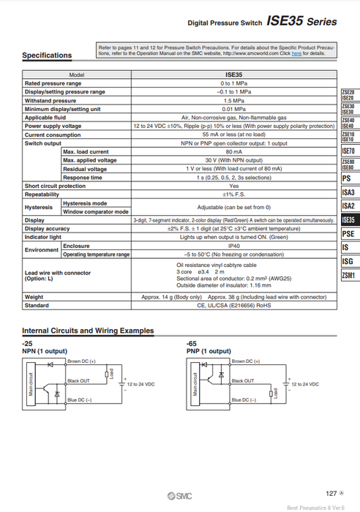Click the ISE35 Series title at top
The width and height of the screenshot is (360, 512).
tap(301, 22)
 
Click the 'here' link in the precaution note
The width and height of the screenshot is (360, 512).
tap(296, 53)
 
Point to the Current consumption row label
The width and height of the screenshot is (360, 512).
tap(53, 135)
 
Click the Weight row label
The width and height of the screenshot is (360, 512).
tap(34, 298)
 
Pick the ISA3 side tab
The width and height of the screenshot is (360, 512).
tap(348, 192)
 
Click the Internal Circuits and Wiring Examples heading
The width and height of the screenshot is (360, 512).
tap(88, 331)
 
